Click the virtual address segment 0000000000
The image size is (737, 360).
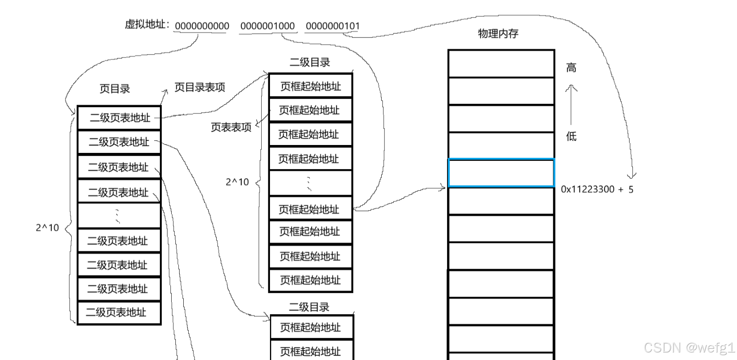click(202, 26)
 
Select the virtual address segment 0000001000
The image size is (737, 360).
click(267, 26)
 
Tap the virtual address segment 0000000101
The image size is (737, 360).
click(332, 26)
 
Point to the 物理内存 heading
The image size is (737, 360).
click(498, 34)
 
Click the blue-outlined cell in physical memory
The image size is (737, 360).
click(501, 172)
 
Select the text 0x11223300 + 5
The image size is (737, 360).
click(597, 190)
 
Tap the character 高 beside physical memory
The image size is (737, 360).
click(571, 67)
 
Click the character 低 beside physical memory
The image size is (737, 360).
click(571, 136)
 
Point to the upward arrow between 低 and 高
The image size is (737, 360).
click(571, 104)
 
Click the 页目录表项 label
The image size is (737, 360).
click(200, 87)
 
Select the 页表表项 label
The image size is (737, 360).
click(231, 127)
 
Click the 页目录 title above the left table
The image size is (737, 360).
click(115, 89)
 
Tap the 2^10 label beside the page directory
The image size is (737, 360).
click(47, 228)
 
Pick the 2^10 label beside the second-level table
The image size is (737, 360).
click(237, 182)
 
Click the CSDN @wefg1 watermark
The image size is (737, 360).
click(689, 347)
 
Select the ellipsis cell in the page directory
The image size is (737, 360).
click(119, 216)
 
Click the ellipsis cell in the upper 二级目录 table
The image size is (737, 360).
click(310, 183)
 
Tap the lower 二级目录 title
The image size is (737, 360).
click(309, 307)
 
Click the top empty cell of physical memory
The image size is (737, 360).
click(501, 64)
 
